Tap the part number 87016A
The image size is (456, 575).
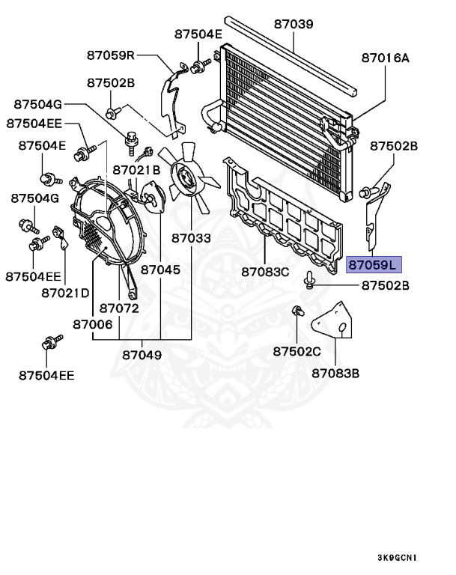click(386, 57)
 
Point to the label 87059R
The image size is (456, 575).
click(109, 55)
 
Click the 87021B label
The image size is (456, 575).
click(136, 170)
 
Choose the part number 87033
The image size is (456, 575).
click(191, 239)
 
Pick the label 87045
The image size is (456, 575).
click(160, 268)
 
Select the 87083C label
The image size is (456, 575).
click(264, 271)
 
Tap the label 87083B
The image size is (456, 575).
click(335, 372)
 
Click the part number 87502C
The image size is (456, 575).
click(297, 351)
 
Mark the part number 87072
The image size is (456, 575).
click(119, 308)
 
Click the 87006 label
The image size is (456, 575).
click(92, 324)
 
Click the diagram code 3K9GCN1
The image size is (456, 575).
click(397, 557)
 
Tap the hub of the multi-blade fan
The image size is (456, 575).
click(185, 177)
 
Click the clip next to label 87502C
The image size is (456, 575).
click(297, 311)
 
